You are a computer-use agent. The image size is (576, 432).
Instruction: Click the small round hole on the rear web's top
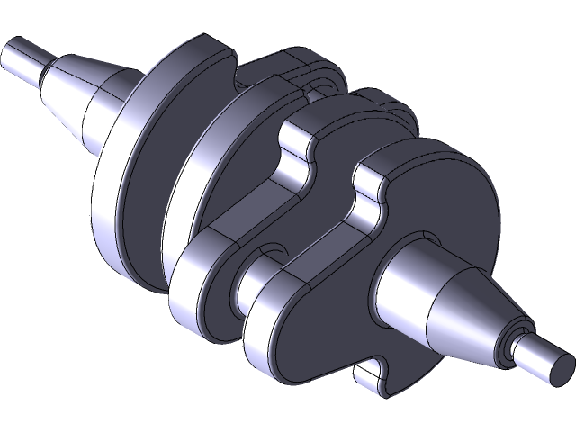coord(315,85)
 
